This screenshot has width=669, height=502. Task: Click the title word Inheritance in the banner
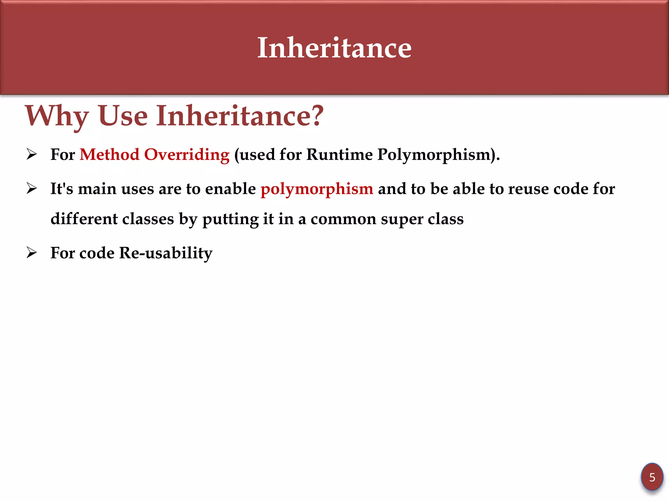pos(334,48)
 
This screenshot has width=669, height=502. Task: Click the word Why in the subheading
pos(57,116)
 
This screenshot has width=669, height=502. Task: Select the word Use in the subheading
pos(123,116)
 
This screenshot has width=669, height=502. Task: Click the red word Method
pos(109,154)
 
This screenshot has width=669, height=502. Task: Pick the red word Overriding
pos(187,155)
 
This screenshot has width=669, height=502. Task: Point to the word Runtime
pos(339,154)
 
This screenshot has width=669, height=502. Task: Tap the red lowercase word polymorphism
pos(317,189)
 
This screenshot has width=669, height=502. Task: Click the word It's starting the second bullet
pos(62,189)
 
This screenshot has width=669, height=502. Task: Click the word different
pos(84,219)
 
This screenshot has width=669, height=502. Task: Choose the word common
pos(343,219)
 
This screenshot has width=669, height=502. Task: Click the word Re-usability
pos(166,253)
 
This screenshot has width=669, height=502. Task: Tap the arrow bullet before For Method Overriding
pos(32,154)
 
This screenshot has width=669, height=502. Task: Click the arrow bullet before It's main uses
pos(32,189)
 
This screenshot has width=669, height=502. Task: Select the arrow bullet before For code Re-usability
pos(32,253)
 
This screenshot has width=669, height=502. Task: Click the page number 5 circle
pos(652,477)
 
